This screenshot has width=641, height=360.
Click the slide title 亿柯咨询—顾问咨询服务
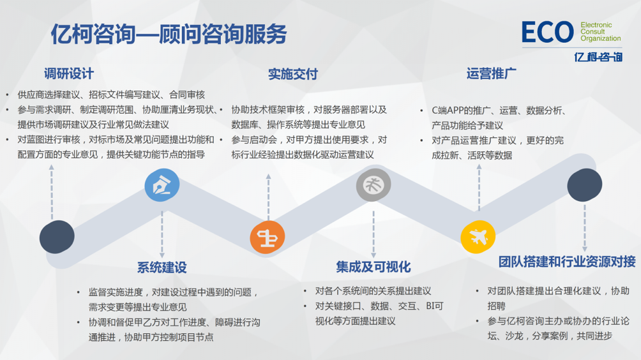(169, 34)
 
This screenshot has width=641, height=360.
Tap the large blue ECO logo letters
(548, 33)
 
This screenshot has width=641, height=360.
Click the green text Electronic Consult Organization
(601, 32)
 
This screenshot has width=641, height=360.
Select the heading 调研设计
(69, 73)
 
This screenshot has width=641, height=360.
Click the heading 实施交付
(292, 74)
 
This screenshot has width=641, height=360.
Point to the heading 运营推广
(492, 73)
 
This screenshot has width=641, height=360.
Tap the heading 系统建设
(162, 267)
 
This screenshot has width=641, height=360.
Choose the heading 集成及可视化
(373, 267)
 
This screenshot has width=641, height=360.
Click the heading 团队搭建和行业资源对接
(567, 262)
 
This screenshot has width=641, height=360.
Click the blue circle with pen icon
(162, 185)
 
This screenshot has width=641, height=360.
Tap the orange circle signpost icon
(268, 237)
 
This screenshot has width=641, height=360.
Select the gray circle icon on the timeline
(373, 184)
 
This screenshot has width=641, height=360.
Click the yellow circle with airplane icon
(478, 237)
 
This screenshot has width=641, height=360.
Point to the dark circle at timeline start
(57, 237)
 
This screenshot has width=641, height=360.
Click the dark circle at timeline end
(585, 184)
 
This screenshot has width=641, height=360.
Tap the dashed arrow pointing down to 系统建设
(162, 234)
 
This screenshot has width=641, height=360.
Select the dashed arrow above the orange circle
(268, 197)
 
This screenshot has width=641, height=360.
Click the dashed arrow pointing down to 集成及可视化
(373, 234)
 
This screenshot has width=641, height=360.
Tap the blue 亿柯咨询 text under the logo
(598, 57)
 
